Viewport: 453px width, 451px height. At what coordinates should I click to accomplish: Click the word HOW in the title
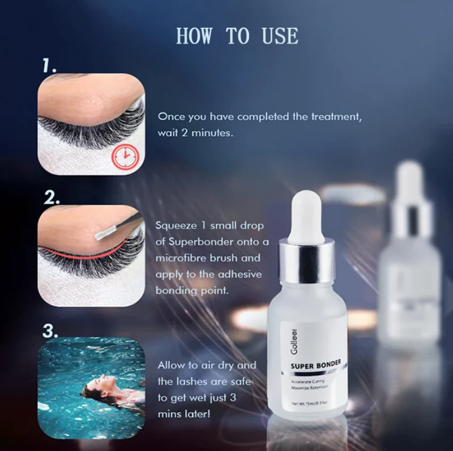coord(194,36)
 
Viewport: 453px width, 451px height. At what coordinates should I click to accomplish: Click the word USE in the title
coord(280,36)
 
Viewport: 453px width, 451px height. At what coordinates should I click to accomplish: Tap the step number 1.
coord(49,67)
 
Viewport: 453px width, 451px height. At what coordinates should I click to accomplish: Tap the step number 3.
coord(50,331)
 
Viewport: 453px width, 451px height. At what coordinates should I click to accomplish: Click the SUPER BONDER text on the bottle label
coord(316,365)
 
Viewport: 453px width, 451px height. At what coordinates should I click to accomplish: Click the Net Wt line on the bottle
coord(309,403)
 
